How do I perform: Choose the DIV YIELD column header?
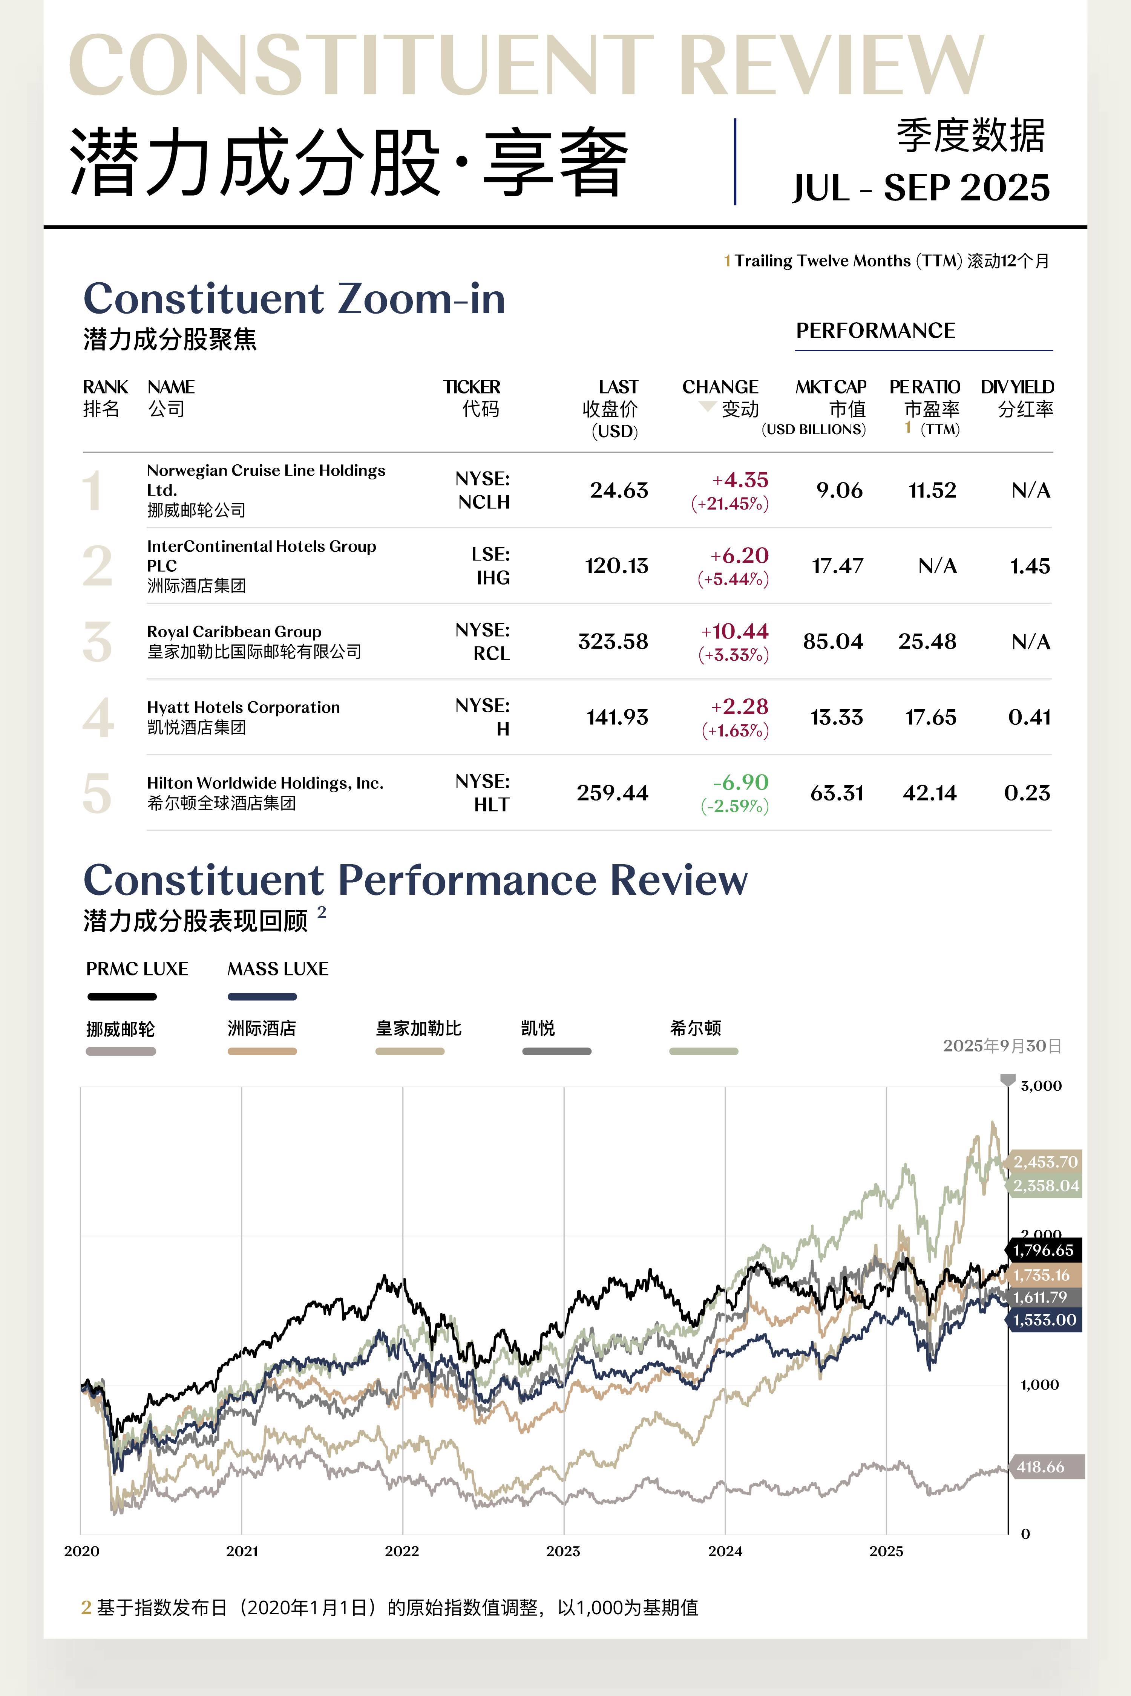pyautogui.click(x=1017, y=397)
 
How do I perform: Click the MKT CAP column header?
pyautogui.click(x=831, y=397)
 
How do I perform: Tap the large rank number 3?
pyautogui.click(x=97, y=642)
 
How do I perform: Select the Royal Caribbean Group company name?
pyautogui.click(x=234, y=632)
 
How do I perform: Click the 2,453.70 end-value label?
pyautogui.click(x=1045, y=1162)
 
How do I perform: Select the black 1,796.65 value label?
pyautogui.click(x=1043, y=1251)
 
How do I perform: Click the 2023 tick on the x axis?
pyautogui.click(x=563, y=1551)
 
